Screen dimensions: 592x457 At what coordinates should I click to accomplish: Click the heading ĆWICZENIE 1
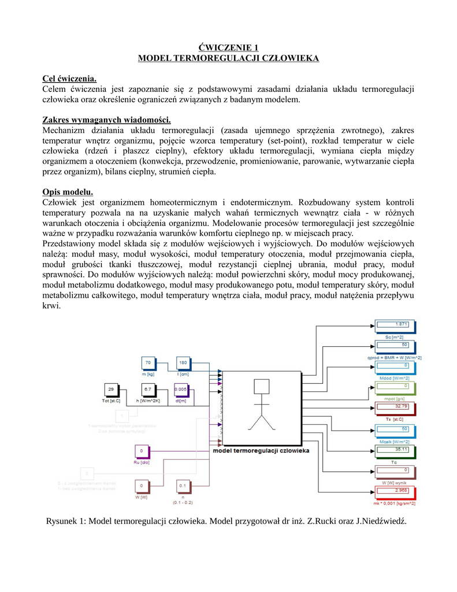pyautogui.click(x=228, y=47)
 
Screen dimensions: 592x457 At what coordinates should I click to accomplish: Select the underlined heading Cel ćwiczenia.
pyautogui.click(x=69, y=78)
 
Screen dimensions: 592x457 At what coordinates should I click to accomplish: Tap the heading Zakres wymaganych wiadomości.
pyautogui.click(x=107, y=120)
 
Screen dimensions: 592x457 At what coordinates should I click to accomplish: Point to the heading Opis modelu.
pyautogui.click(x=68, y=191)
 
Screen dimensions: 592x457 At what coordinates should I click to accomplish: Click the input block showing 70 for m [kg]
pyautogui.click(x=148, y=363)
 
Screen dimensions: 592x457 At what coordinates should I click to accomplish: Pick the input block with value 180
pyautogui.click(x=183, y=363)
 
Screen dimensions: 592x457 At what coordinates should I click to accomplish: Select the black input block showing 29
pyautogui.click(x=113, y=389)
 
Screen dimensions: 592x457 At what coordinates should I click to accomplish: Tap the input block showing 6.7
pyautogui.click(x=148, y=389)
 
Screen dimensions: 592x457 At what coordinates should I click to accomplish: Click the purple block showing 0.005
pyautogui.click(x=181, y=389)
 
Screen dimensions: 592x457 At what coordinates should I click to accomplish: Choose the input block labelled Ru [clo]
pyautogui.click(x=142, y=450)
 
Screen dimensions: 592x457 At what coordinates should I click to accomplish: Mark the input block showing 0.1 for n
pyautogui.click(x=183, y=486)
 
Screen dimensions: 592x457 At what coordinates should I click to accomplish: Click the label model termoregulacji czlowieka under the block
pyautogui.click(x=262, y=450)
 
